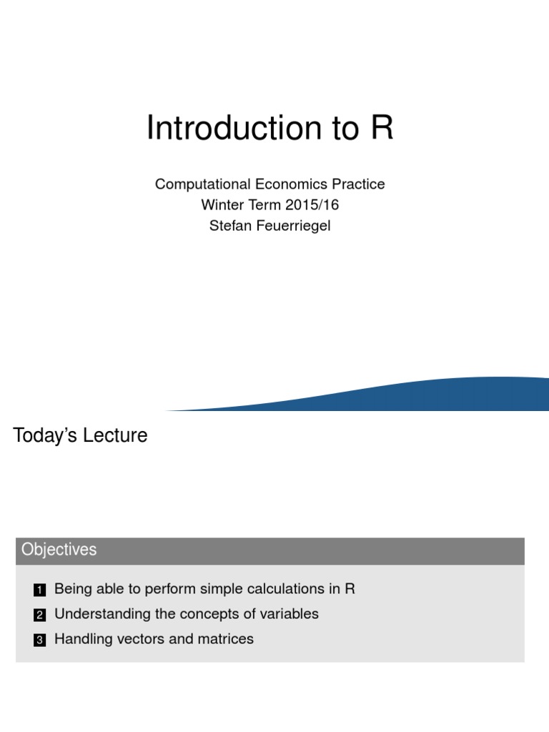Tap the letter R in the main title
[x=382, y=129]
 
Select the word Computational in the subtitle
[x=200, y=184]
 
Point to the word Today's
[x=44, y=435]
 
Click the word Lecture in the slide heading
[x=114, y=435]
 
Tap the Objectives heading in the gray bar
[x=59, y=550]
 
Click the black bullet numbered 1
[x=39, y=590]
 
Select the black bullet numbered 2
[x=39, y=615]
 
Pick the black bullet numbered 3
[x=39, y=640]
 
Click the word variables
[x=288, y=614]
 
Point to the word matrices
[x=225, y=639]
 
